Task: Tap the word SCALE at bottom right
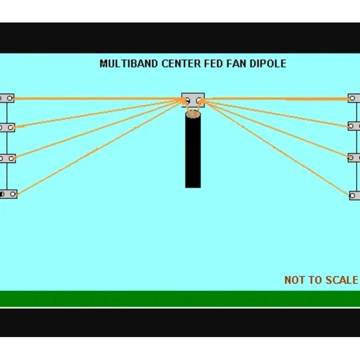click(342, 280)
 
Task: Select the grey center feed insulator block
click(193, 99)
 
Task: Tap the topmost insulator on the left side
click(6, 98)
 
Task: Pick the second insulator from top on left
click(7, 127)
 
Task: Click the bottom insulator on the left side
click(8, 194)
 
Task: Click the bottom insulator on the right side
click(355, 195)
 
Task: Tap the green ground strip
click(180, 298)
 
